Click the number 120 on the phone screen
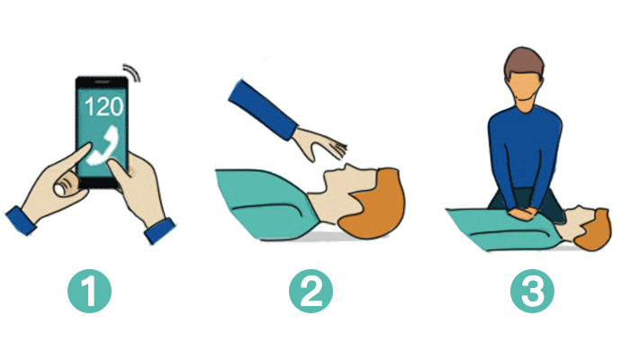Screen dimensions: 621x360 [x=104, y=106]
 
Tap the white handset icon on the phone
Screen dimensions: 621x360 [x=103, y=145]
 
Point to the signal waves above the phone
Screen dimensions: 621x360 [x=132, y=72]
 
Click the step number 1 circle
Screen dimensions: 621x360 [x=89, y=291]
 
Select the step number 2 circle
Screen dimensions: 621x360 [x=310, y=291]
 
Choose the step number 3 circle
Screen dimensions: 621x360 [x=532, y=291]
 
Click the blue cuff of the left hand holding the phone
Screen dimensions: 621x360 [x=20, y=220]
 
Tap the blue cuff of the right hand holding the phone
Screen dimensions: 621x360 [x=159, y=230]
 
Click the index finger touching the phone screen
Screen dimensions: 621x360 [x=76, y=157]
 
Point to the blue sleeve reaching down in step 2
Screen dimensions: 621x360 [x=263, y=109]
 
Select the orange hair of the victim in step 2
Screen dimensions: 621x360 [x=373, y=206]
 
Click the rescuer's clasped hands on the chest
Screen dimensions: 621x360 [x=522, y=213]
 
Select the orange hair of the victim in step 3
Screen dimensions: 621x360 [x=593, y=231]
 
